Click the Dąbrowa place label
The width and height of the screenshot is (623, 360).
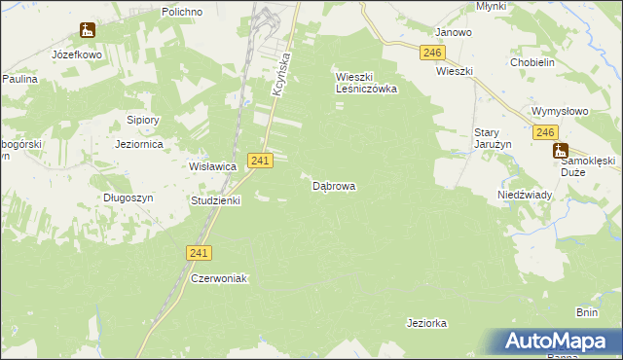pyautogui.click(x=333, y=185)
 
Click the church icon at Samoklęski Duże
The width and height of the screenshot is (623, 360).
pyautogui.click(x=560, y=151)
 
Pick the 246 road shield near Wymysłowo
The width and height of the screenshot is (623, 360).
pyautogui.click(x=545, y=132)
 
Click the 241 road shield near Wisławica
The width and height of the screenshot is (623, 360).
pyautogui.click(x=259, y=160)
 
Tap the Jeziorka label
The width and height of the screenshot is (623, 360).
pyautogui.click(x=425, y=322)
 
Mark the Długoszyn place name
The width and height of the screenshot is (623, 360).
pyautogui.click(x=128, y=197)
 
